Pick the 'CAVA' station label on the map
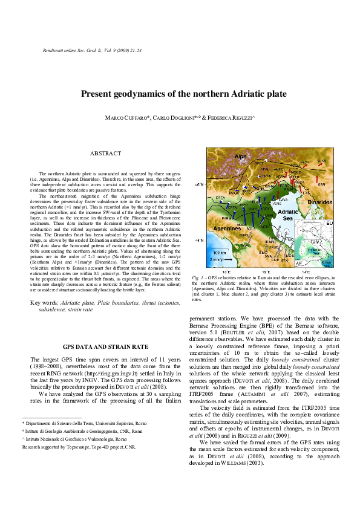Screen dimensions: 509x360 coord(283,199)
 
